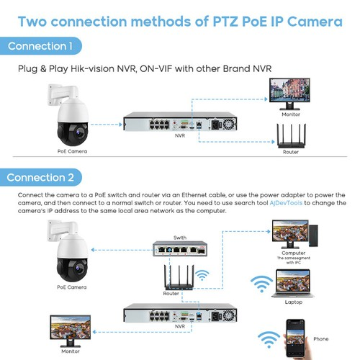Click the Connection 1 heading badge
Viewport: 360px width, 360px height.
(40, 47)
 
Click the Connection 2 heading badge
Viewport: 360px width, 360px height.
(41, 177)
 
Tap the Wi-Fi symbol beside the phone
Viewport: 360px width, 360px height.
(271, 338)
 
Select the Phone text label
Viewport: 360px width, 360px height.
(321, 338)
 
